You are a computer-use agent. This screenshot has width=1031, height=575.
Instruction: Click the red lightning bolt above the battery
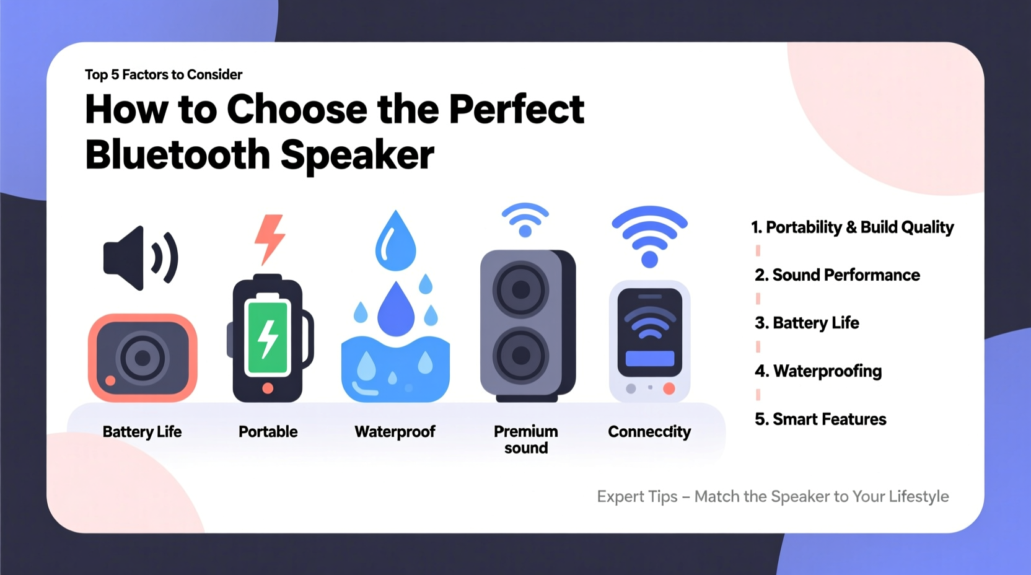coord(270,239)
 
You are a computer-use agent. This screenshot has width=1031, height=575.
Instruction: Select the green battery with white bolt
coord(268,337)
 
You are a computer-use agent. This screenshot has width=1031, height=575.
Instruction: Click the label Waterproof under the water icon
coord(395,432)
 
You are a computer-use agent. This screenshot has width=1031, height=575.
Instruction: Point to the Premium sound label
coord(525,439)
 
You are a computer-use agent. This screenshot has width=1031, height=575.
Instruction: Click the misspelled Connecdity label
coord(649,432)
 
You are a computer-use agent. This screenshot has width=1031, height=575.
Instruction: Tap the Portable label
coord(268,432)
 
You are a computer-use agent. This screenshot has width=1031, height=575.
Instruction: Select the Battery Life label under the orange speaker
coord(142,432)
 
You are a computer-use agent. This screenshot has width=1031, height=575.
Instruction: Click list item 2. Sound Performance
coord(837,275)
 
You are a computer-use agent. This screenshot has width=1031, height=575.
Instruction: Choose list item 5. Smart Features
coord(820,419)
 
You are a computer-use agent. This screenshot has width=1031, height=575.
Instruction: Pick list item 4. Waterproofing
coord(818,371)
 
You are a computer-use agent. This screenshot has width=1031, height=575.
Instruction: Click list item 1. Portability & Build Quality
coord(852,227)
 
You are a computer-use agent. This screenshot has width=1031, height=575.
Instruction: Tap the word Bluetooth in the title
coord(177,155)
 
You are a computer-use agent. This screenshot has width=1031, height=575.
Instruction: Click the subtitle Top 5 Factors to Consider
coord(164,75)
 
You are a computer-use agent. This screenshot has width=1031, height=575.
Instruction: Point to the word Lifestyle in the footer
coord(918,497)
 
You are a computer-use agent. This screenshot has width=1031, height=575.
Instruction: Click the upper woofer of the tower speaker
coord(521,289)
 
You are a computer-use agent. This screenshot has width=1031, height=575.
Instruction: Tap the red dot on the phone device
coord(669,388)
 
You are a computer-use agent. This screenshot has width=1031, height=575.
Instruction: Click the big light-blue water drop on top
coord(395,242)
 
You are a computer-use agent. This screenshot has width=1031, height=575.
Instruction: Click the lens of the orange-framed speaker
coord(143,358)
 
